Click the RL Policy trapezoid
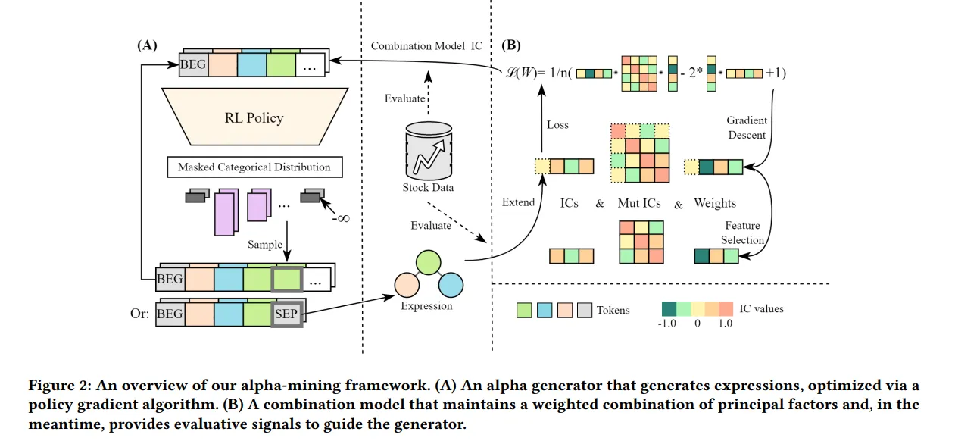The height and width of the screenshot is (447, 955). point(254,117)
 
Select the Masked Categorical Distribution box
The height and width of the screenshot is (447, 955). point(254,167)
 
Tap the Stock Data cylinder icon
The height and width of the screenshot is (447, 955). point(429,151)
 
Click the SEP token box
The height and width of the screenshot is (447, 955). point(286,314)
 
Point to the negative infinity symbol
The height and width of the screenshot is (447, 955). point(341,219)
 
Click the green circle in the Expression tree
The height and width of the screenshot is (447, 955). point(428,262)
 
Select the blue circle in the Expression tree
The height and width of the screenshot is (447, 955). point(451,285)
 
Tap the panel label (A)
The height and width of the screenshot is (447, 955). point(147,45)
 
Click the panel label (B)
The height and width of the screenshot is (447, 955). point(510,45)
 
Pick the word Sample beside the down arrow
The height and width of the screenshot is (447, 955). point(265,245)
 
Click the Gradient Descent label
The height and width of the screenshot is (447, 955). point(747,127)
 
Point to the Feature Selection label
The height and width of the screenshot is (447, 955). point(742,233)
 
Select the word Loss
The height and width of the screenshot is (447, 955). point(557,125)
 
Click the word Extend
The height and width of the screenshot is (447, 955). point(518,202)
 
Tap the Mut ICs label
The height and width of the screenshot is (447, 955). point(639,203)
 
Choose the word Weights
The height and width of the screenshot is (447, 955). point(715,203)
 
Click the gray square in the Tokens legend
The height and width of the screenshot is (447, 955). point(585,310)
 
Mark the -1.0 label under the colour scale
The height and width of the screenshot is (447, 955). point(666,324)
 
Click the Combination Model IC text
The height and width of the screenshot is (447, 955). point(426,46)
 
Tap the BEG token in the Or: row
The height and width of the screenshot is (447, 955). point(170,314)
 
